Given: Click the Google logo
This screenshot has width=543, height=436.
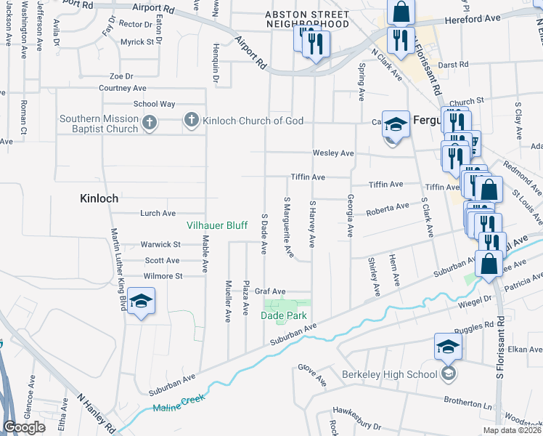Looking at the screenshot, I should (x=24, y=427).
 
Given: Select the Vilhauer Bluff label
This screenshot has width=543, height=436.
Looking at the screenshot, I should (x=219, y=226).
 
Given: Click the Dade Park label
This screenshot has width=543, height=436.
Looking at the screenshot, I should (x=285, y=315).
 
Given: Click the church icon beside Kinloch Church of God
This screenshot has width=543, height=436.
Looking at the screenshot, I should (x=192, y=121).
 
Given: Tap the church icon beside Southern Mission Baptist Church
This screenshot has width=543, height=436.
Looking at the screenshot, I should (x=149, y=123).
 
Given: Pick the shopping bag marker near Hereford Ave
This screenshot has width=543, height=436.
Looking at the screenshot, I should (x=400, y=12).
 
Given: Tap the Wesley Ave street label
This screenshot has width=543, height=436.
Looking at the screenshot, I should (x=332, y=153).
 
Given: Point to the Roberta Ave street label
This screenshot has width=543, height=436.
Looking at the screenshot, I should (x=388, y=206).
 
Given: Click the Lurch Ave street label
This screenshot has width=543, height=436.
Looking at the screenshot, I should (x=158, y=214).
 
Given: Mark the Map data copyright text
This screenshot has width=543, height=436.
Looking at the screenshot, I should (x=512, y=430).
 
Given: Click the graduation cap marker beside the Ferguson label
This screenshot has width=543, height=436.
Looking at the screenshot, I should (x=396, y=124).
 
